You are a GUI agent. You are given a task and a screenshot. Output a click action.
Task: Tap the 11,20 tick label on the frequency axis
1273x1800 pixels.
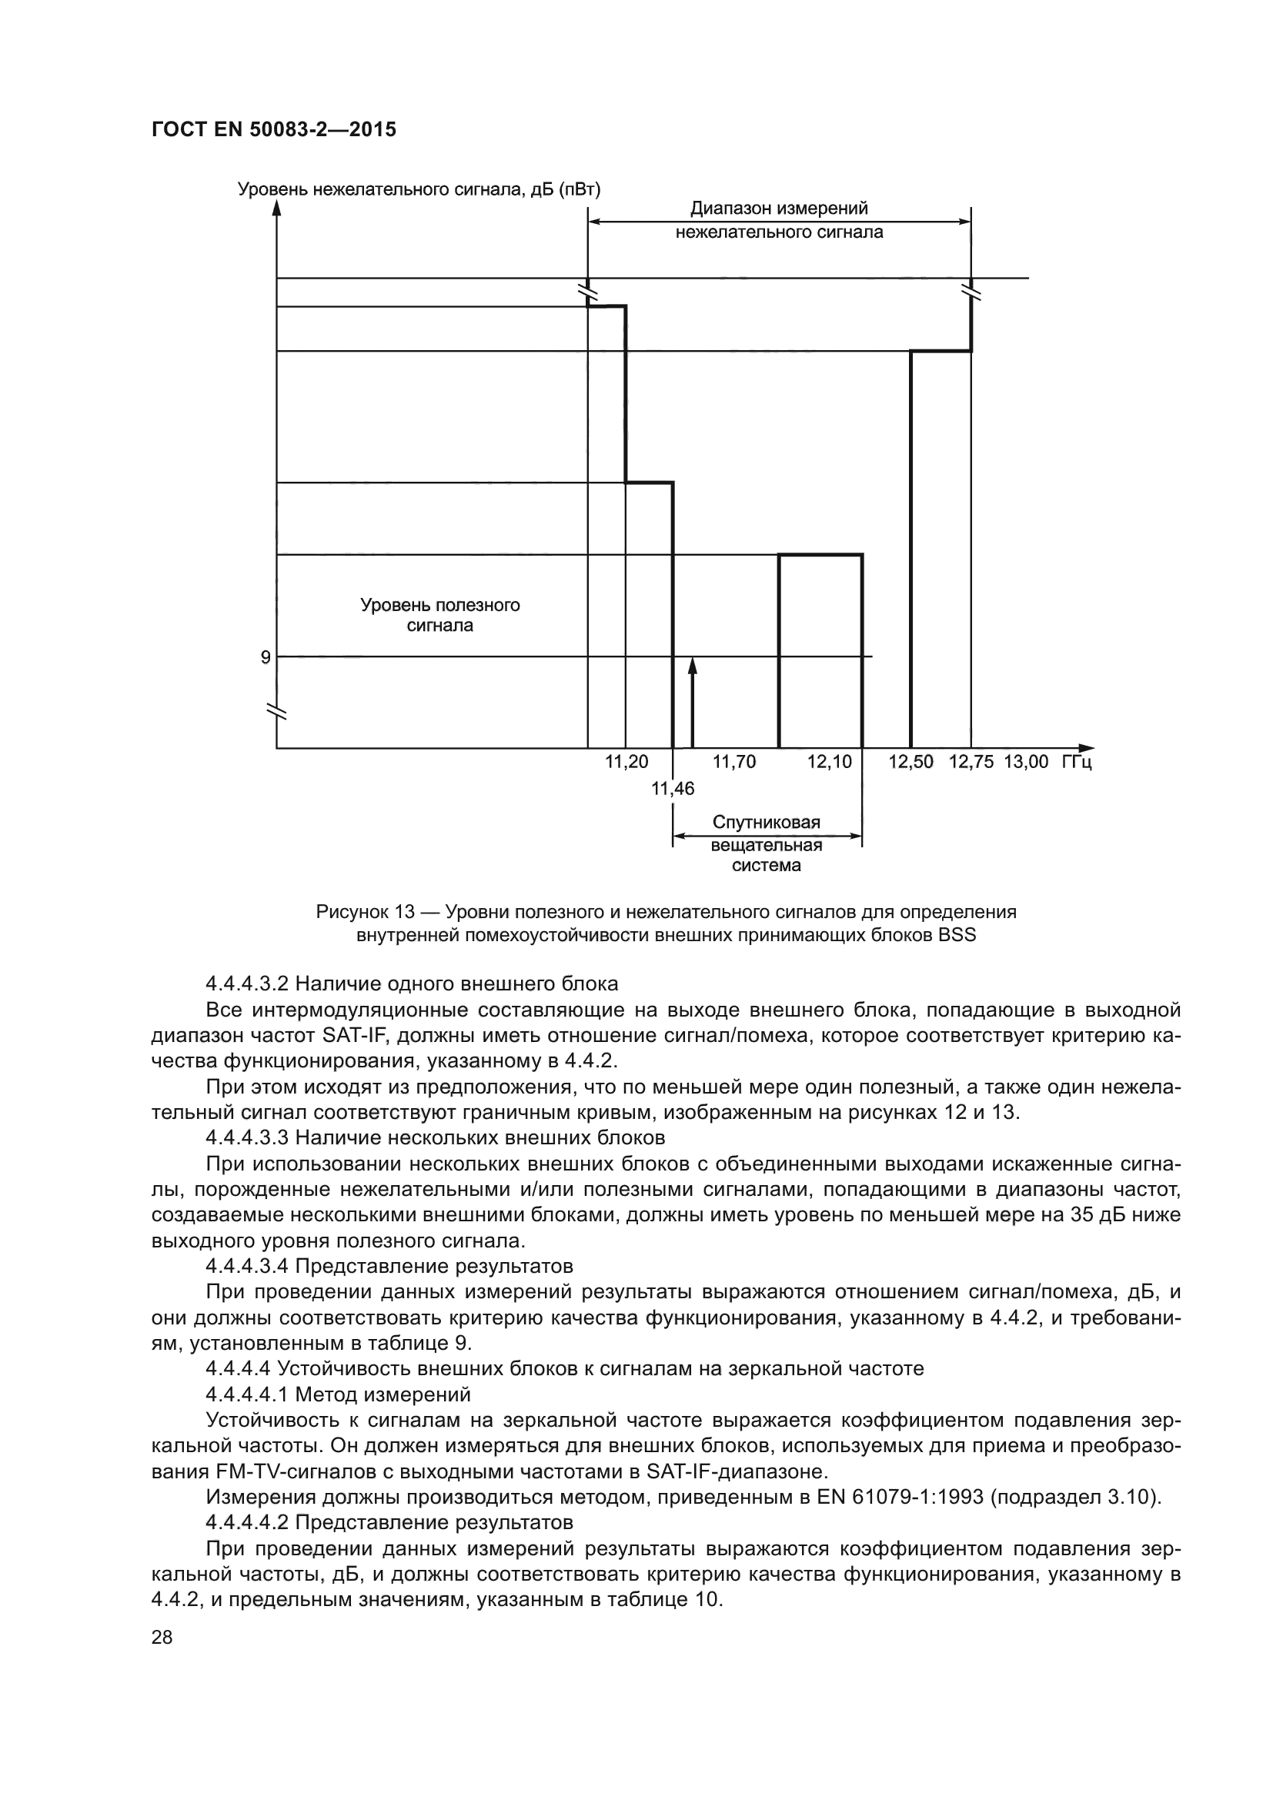coord(626,762)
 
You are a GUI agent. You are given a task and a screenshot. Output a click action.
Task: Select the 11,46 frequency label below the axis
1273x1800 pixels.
coord(673,789)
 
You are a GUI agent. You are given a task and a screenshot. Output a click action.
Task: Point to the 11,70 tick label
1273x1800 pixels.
coord(733,762)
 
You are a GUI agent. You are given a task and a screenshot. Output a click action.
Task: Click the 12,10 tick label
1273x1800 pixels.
coord(830,762)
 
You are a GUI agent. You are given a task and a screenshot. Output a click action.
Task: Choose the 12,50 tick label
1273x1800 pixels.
coord(910,762)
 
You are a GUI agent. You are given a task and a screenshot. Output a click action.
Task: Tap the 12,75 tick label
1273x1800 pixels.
coord(971,762)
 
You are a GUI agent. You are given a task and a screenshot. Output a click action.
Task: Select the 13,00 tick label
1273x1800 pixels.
coord(1025,762)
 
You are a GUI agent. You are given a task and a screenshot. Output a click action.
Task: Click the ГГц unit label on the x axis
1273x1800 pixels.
coord(1076,762)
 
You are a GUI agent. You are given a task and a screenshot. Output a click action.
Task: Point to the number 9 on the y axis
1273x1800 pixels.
coord(266,658)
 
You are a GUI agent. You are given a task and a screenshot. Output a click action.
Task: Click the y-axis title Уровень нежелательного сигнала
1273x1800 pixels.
coord(419,190)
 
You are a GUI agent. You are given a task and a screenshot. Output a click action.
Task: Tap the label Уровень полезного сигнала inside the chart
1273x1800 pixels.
coord(439,616)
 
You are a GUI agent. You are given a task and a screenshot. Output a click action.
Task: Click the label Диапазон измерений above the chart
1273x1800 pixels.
coord(778,209)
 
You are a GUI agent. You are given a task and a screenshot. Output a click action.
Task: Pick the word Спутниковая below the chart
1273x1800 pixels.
coord(766,823)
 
